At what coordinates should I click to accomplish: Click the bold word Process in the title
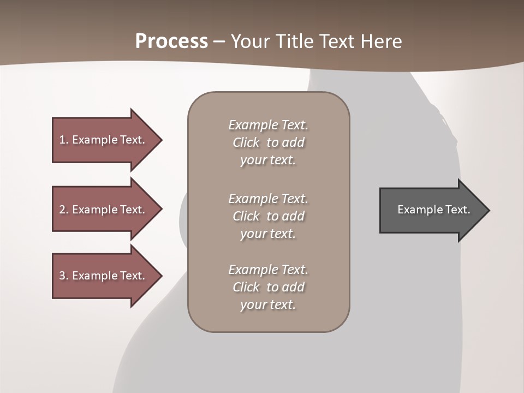coord(171,41)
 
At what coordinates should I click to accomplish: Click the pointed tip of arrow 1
coord(160,140)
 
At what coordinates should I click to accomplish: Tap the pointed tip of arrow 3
coord(160,276)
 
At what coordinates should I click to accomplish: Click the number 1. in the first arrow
coord(63,140)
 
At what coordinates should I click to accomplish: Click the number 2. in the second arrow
coord(63,210)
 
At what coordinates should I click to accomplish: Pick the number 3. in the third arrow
coord(63,276)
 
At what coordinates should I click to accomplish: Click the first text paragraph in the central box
coord(268,142)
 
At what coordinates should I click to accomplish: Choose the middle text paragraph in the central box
coord(268,216)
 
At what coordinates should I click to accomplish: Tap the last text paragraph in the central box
coord(268,287)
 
